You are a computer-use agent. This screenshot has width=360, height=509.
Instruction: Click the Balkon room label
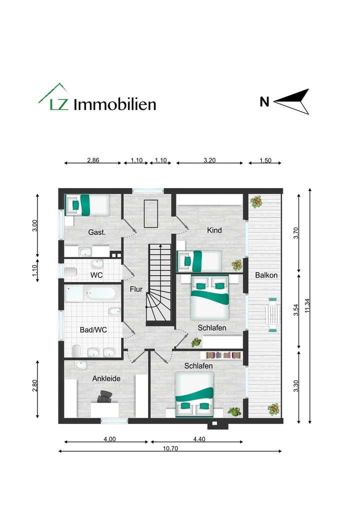click(x=266, y=275)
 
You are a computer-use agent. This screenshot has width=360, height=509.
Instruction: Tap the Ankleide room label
click(x=106, y=378)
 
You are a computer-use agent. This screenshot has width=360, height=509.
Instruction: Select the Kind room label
click(x=214, y=230)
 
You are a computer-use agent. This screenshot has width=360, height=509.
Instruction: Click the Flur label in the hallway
click(x=136, y=289)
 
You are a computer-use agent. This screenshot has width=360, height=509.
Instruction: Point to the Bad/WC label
click(x=93, y=330)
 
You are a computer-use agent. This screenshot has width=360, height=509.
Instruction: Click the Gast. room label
click(x=96, y=232)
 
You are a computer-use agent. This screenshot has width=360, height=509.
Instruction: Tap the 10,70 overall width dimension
click(x=170, y=448)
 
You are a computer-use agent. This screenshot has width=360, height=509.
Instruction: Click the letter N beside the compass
click(x=264, y=102)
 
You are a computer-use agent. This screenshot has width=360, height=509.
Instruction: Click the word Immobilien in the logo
click(x=114, y=104)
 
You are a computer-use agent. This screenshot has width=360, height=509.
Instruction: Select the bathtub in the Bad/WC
click(x=102, y=293)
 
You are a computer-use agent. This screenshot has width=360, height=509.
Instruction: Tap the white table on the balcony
click(x=273, y=314)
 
